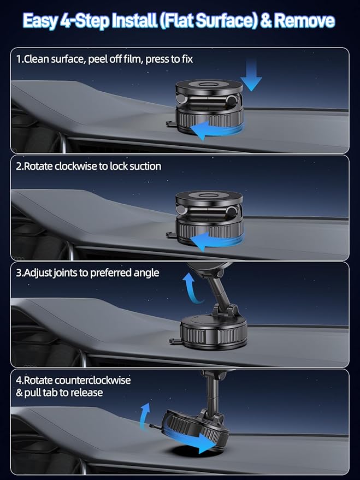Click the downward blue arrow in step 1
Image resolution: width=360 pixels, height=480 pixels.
[x=251, y=75]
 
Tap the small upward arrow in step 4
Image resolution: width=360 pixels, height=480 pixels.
[x=144, y=416]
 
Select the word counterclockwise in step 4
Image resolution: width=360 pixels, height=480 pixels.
[x=93, y=380]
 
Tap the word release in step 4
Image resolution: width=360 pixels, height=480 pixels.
[x=87, y=393]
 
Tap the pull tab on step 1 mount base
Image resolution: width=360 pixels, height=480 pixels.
[x=171, y=123]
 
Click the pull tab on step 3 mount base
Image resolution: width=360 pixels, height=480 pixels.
[x=174, y=341]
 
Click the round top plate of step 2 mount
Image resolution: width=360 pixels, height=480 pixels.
[x=209, y=198]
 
